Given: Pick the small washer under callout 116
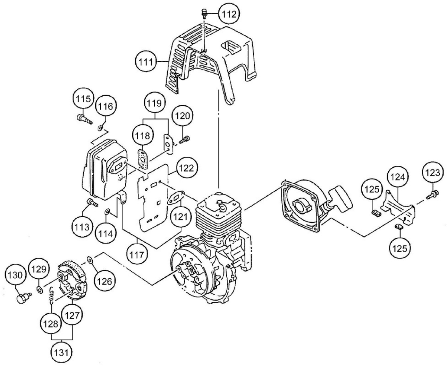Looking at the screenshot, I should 100,128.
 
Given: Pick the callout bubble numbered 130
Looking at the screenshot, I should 15,276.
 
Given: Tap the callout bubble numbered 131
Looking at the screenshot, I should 61,353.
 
